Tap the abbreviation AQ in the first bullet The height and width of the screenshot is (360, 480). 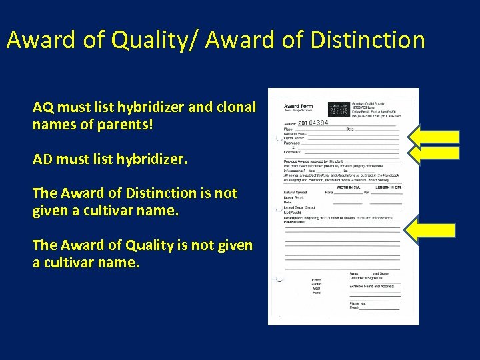42,107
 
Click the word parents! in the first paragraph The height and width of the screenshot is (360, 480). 127,124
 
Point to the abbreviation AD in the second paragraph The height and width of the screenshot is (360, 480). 42,159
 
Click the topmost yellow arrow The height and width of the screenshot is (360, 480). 434,137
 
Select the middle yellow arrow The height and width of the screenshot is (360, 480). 434,153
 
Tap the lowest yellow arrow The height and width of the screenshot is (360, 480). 432,231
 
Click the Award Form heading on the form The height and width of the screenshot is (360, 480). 299,107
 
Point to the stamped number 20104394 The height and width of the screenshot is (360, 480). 313,123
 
